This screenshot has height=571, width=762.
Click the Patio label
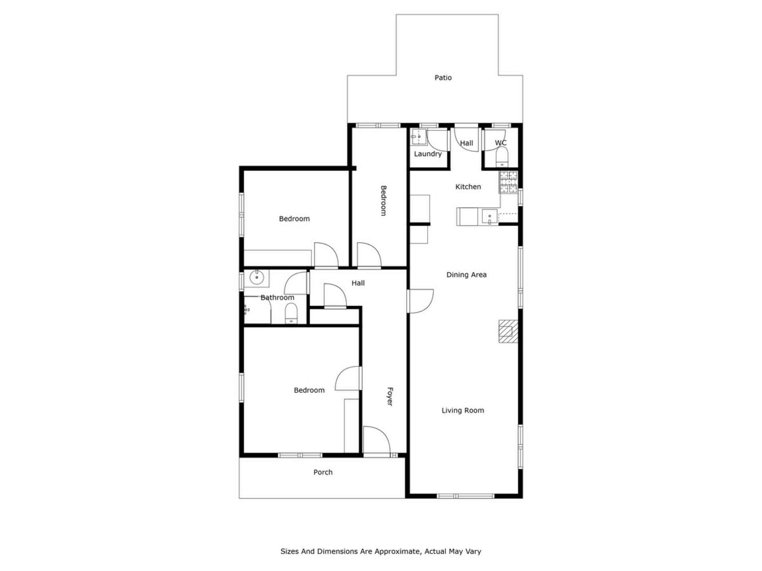(443, 78)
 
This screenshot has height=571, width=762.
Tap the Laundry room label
(427, 154)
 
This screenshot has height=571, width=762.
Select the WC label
(500, 143)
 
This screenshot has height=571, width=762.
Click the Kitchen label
(468, 187)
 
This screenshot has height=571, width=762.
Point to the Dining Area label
(466, 275)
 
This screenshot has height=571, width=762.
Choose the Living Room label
(463, 410)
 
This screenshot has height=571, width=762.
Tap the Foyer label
(390, 397)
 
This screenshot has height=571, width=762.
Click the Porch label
(323, 472)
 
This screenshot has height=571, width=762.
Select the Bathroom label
(277, 297)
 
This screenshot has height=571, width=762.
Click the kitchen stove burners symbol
(508, 182)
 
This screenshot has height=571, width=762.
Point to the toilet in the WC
(502, 157)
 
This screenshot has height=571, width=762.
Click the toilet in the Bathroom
(291, 314)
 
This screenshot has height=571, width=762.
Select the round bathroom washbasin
(257, 277)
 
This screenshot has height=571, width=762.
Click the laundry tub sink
(418, 137)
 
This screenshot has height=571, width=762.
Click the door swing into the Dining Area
(421, 301)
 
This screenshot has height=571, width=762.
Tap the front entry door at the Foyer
(377, 441)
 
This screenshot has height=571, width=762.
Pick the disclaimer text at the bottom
(381, 551)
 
